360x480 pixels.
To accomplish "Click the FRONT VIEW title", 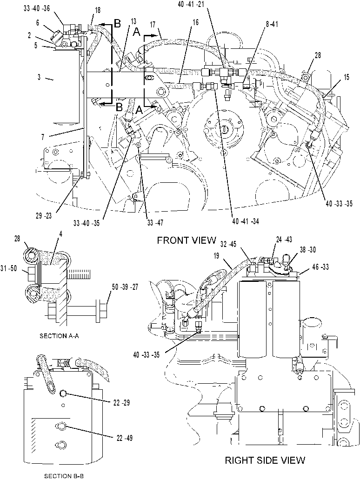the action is (x=187, y=240).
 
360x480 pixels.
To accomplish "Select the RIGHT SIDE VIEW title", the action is (x=265, y=460).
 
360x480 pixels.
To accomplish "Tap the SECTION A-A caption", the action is (x=59, y=336).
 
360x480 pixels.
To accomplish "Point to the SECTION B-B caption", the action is (x=64, y=476).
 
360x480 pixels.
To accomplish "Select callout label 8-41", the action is (x=272, y=24).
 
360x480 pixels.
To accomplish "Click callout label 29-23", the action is (x=43, y=216).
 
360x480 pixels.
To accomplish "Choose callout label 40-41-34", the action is (x=246, y=221).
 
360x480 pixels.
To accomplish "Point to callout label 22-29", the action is (x=121, y=403).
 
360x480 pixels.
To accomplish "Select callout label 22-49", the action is (x=125, y=438).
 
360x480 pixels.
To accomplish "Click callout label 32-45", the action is (x=228, y=244).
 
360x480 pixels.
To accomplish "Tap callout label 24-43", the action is (x=284, y=240).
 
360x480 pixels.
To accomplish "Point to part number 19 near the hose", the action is (x=216, y=256).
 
